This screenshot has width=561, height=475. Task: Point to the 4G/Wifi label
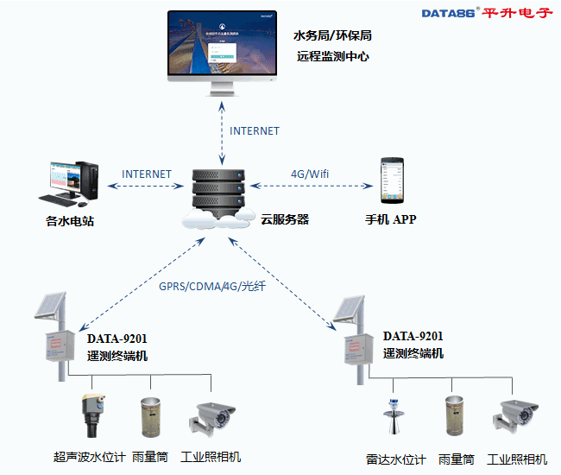tap(310, 174)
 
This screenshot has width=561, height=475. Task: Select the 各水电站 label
tap(70, 221)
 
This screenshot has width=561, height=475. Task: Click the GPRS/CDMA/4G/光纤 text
tap(212, 287)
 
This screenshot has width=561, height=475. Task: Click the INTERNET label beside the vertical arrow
tap(255, 130)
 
